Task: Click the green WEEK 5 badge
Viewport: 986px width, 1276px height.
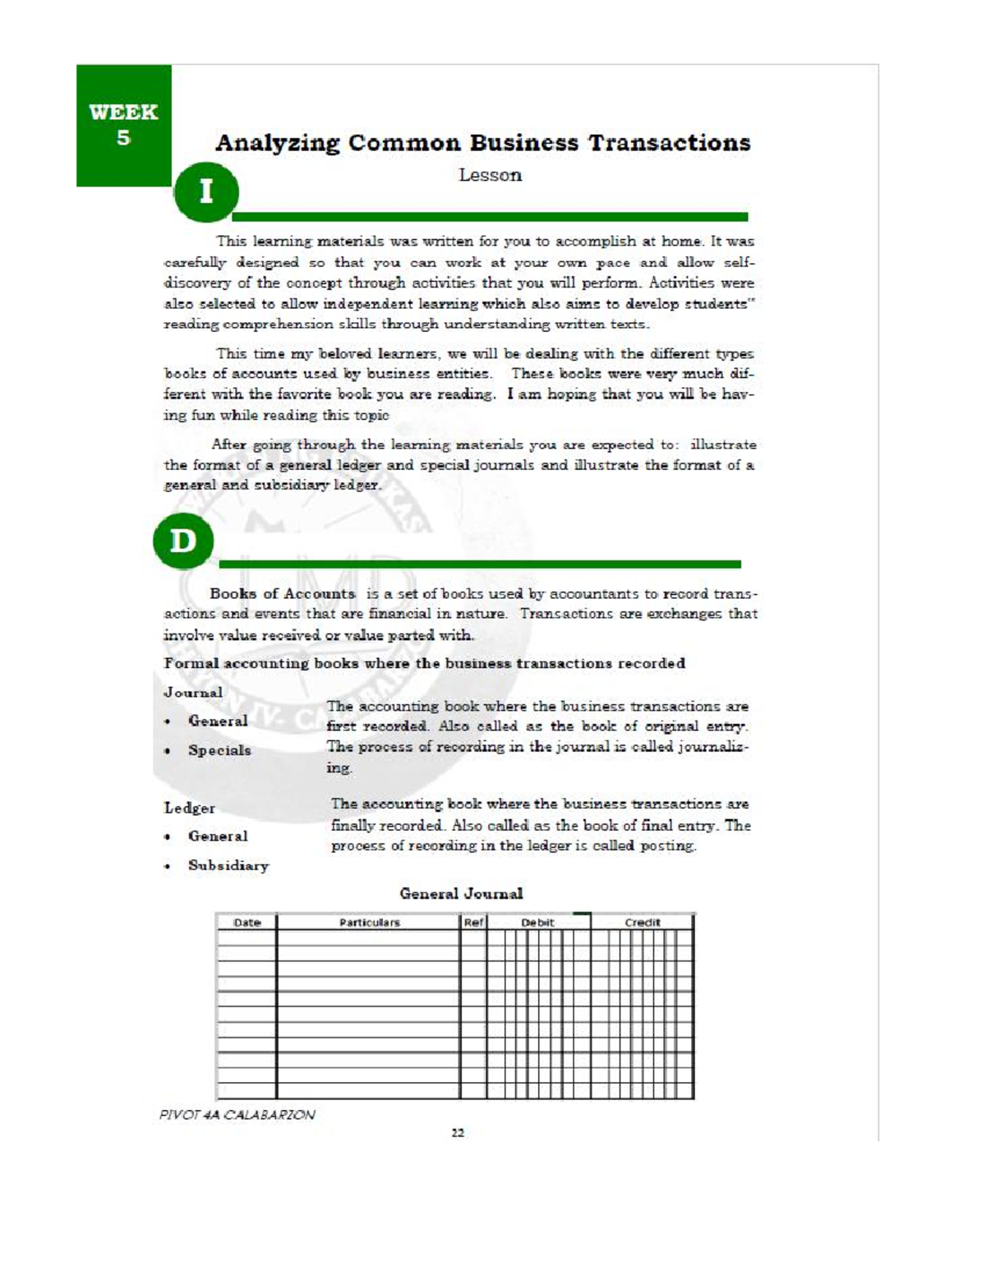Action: (123, 125)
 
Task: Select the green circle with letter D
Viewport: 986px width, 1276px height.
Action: (182, 542)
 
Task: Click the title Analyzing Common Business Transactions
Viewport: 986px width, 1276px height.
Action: (482, 143)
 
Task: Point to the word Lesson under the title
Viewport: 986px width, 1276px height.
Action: (490, 175)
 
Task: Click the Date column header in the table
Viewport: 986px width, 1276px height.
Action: (247, 923)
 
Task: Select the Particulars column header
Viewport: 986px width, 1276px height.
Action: (369, 923)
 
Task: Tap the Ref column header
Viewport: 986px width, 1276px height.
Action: (473, 923)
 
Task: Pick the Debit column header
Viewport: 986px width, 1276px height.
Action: (538, 923)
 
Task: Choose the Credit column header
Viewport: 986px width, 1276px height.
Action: (642, 923)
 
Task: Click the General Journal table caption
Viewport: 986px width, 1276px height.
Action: (461, 893)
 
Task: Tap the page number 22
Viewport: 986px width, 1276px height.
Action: (458, 1133)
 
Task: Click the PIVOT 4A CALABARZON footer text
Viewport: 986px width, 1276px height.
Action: (237, 1115)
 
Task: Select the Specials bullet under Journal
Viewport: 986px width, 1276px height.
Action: (219, 750)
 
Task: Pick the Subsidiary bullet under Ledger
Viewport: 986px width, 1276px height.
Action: (228, 865)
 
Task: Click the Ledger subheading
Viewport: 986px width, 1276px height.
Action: (190, 808)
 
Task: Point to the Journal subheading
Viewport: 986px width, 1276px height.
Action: (193, 692)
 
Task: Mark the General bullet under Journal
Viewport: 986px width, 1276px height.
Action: (217, 721)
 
